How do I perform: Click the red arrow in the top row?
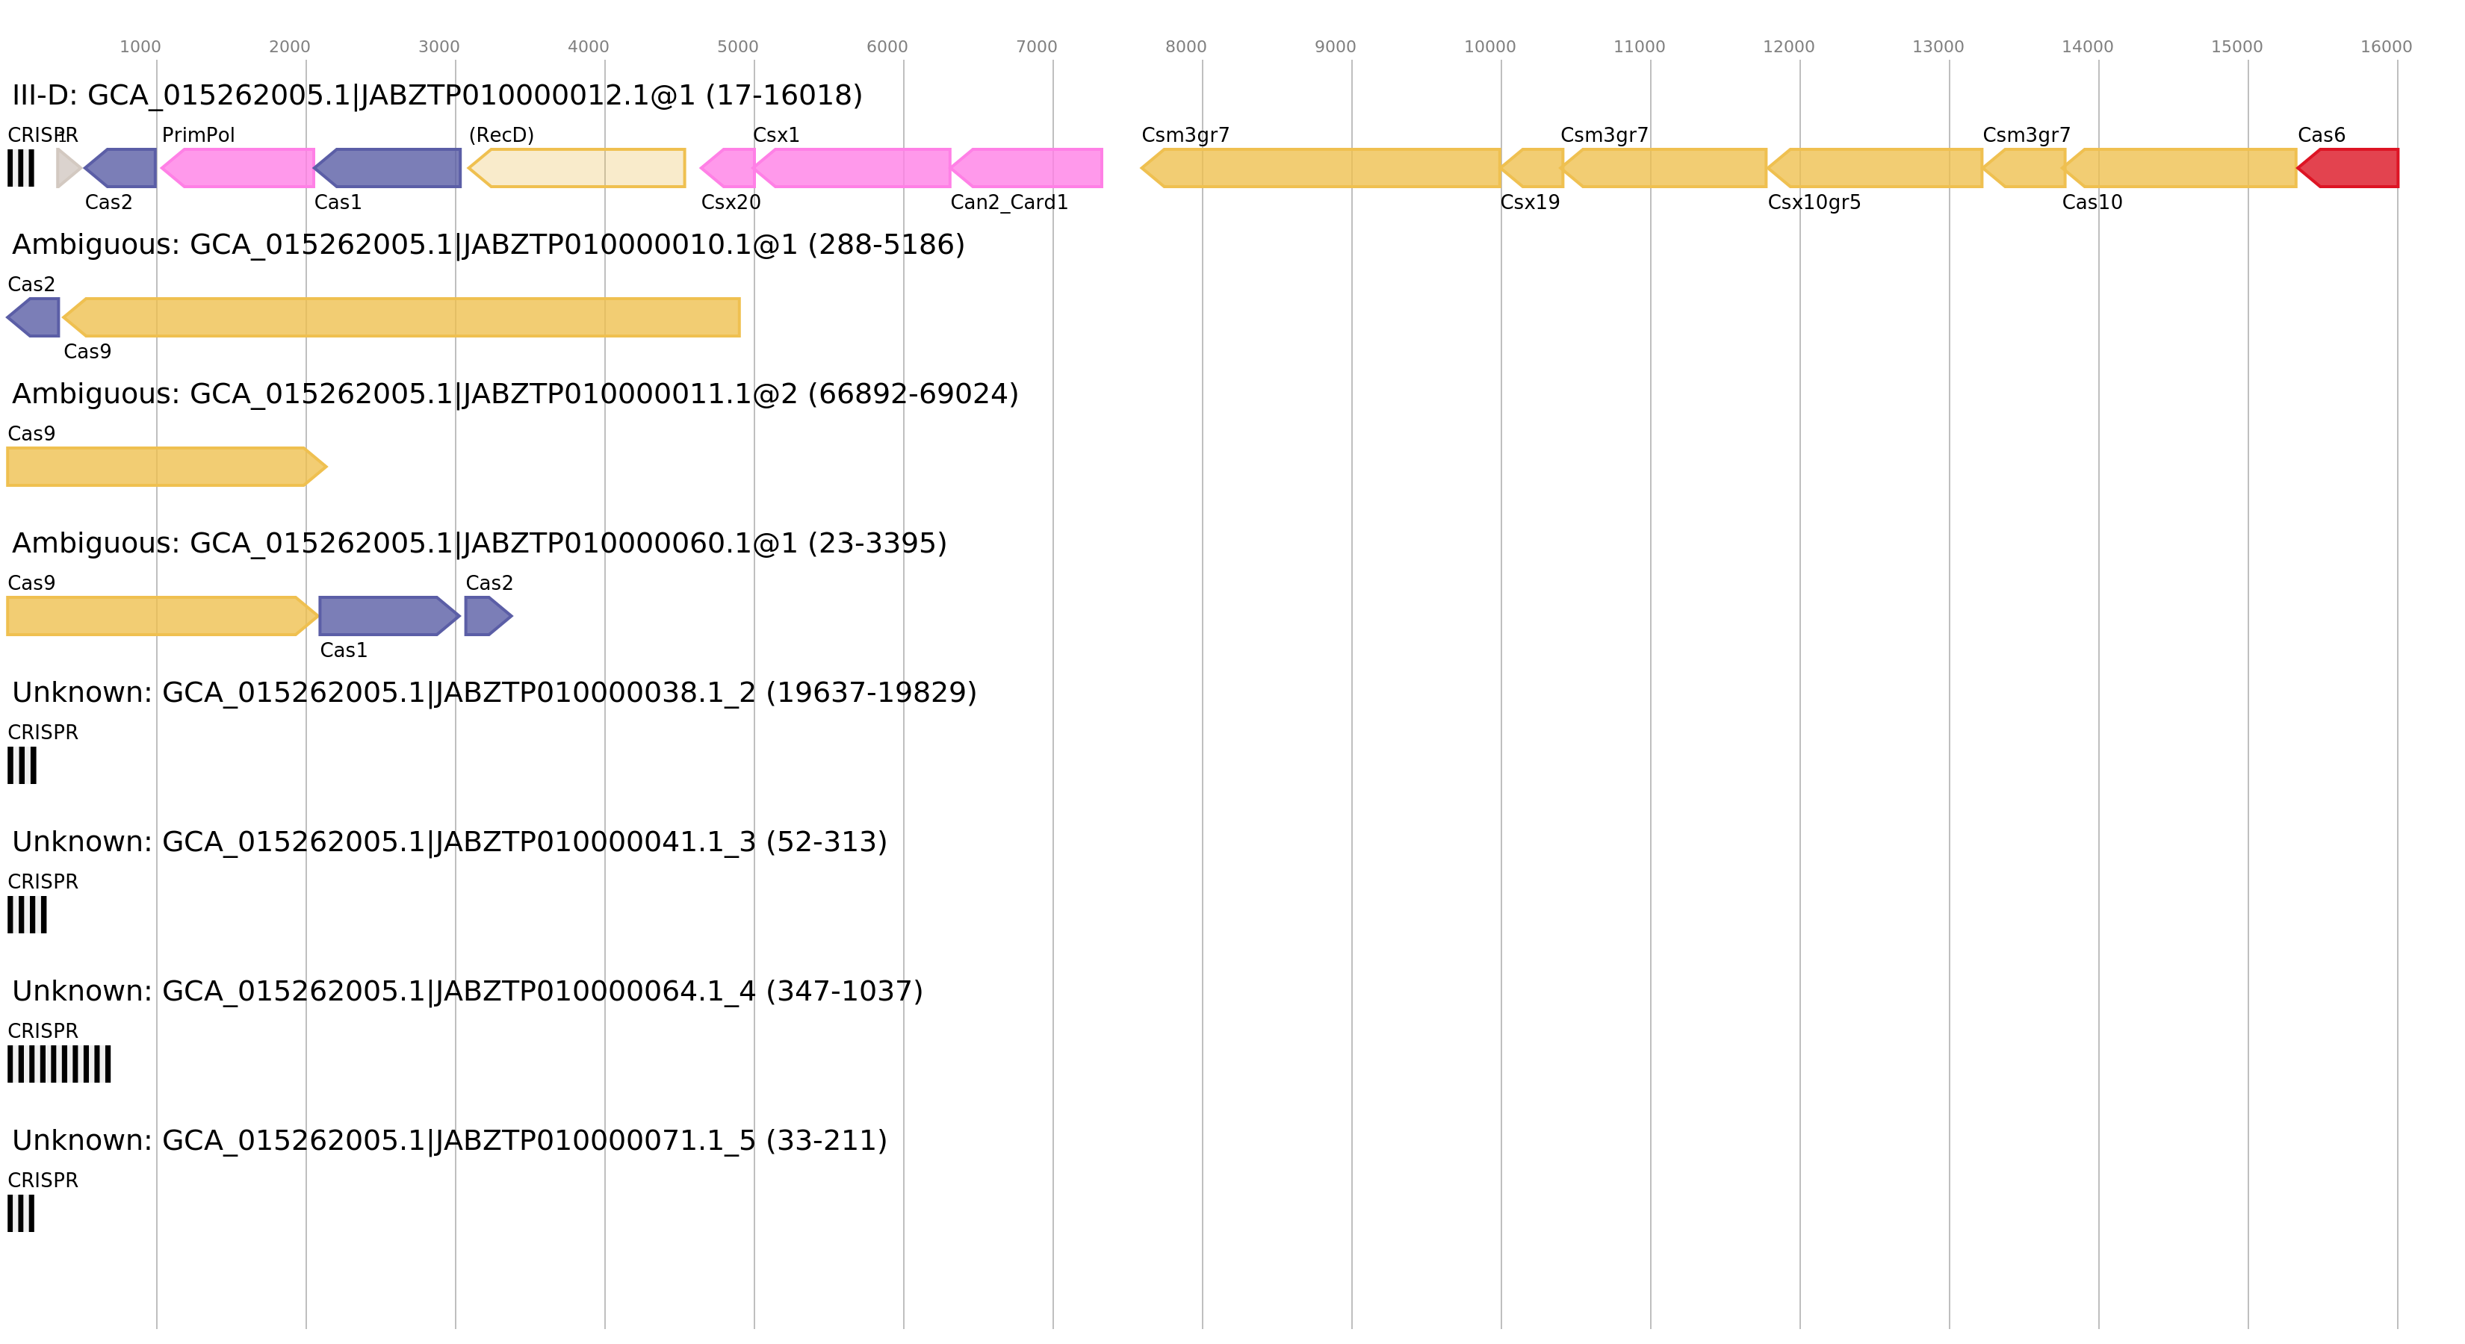click(x=2349, y=168)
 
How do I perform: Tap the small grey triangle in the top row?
click(x=67, y=168)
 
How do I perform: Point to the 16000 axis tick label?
click(x=2386, y=47)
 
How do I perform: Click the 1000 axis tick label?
click(x=140, y=47)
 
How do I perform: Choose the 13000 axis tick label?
click(x=1938, y=47)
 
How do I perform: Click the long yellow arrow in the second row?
click(x=402, y=317)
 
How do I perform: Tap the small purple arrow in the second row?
click(x=34, y=317)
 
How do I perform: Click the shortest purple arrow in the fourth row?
click(x=486, y=616)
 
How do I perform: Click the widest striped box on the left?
click(x=59, y=1064)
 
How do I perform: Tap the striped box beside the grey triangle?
click(x=21, y=168)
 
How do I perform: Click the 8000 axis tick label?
click(x=1185, y=47)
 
